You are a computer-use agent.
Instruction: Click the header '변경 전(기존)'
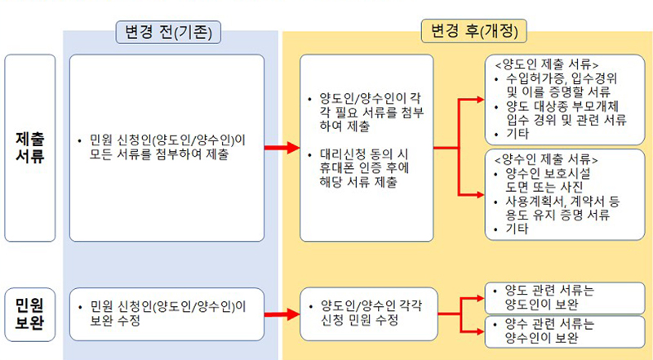169,33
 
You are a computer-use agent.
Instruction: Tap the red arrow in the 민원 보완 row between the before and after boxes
280,313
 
